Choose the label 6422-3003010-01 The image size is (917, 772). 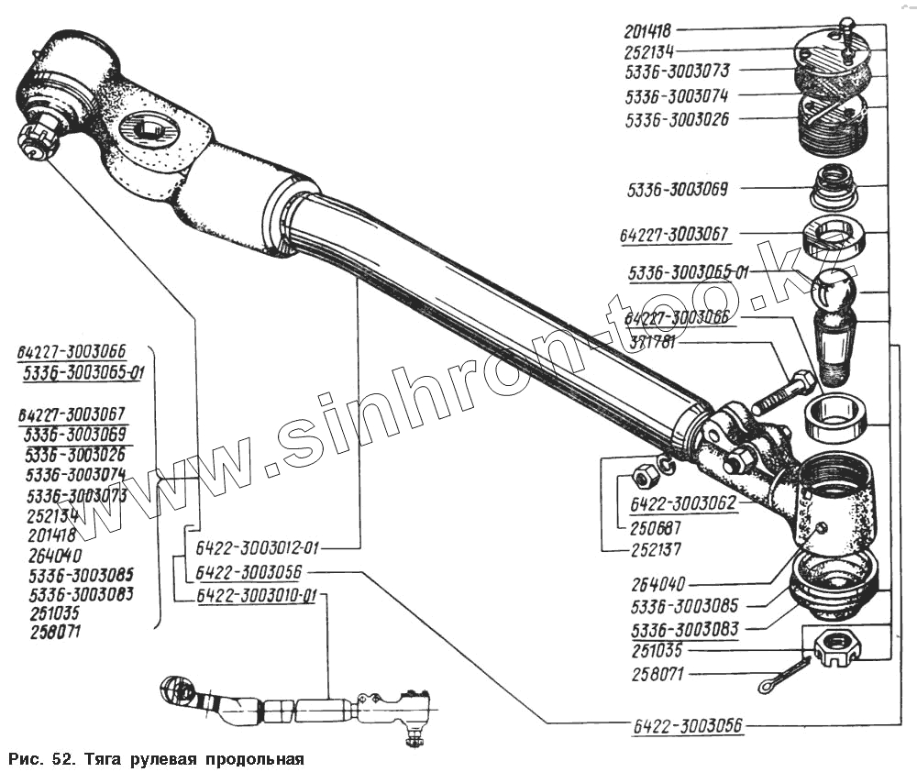click(257, 597)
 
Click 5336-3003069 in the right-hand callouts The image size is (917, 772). click(678, 191)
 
